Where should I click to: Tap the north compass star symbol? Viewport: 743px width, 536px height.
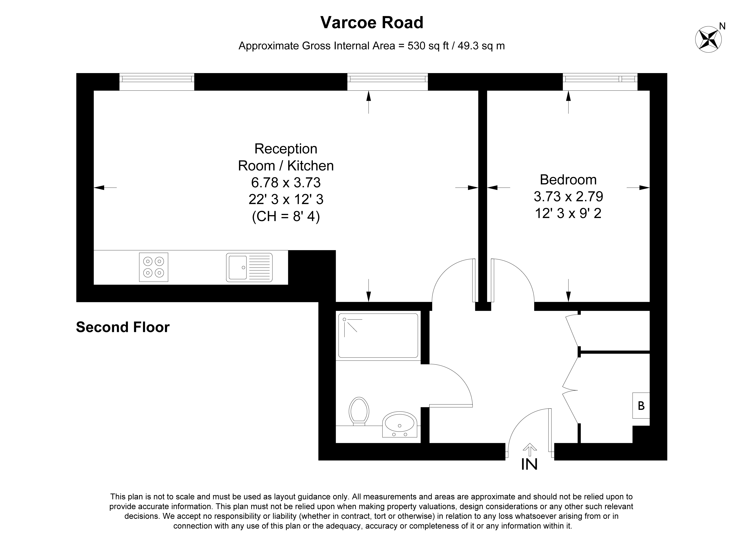tap(708, 39)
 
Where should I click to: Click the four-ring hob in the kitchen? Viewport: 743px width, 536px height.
tap(154, 267)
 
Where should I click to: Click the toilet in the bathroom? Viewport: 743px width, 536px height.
tap(359, 411)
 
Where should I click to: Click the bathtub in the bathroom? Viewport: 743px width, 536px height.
tap(378, 335)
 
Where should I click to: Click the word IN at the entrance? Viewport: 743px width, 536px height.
tap(529, 464)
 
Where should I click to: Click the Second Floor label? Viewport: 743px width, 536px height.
tap(123, 327)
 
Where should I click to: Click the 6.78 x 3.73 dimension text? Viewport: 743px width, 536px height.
tap(286, 182)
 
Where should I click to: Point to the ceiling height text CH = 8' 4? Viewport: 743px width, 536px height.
tap(286, 216)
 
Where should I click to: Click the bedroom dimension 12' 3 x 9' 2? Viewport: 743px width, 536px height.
tap(568, 213)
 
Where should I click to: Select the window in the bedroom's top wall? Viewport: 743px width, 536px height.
tap(600, 81)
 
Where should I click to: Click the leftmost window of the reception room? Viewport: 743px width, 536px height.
tap(157, 81)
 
